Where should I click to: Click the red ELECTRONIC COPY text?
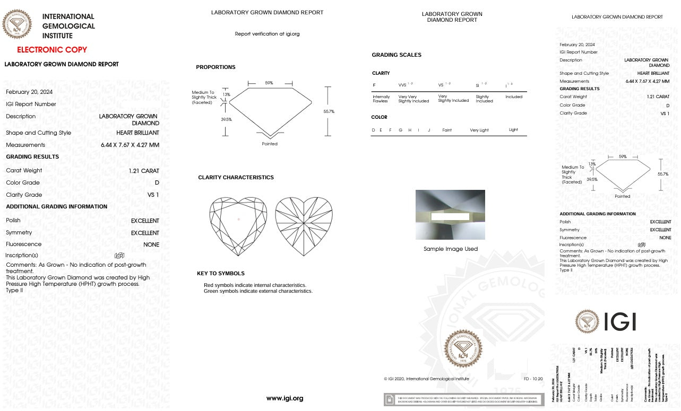point(52,50)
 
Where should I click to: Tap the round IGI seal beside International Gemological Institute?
point(17,24)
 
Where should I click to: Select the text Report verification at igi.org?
point(267,34)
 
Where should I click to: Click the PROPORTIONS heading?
point(215,67)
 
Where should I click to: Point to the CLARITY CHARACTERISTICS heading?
point(236,178)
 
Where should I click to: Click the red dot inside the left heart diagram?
point(239,219)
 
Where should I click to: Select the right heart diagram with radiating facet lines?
point(304,226)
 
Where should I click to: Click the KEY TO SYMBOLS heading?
point(220,274)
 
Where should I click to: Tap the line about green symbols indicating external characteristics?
point(258,291)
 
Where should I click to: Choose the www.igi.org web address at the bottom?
point(285,398)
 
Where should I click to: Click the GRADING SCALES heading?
point(396,55)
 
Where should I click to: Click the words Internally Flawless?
point(381,99)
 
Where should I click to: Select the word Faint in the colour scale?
point(447,130)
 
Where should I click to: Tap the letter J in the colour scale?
point(428,130)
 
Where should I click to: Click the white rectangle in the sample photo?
point(450,216)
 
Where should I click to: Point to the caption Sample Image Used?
point(451,249)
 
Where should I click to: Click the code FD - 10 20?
point(533,379)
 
